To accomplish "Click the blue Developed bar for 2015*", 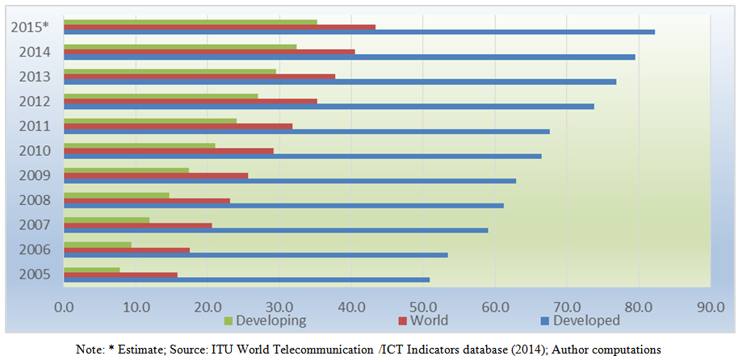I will [359, 31].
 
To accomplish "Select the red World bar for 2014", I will [209, 51].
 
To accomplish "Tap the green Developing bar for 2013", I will [170, 71].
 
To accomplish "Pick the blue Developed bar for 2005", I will [246, 279].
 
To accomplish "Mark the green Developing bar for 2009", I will [126, 170].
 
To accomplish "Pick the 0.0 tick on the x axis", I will [64, 307].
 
